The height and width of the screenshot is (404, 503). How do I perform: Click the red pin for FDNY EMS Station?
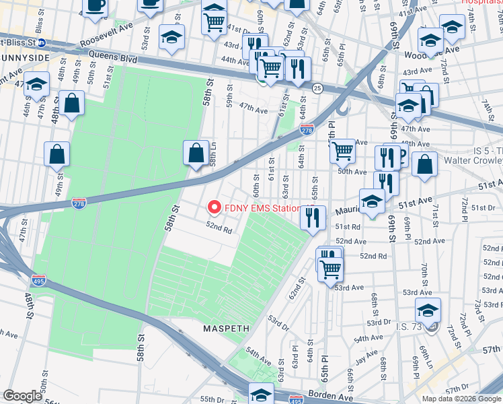point(215,207)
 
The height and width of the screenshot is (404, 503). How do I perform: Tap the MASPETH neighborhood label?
point(227,329)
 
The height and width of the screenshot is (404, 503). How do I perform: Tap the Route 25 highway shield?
point(316,88)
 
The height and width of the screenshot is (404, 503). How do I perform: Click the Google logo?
point(22,396)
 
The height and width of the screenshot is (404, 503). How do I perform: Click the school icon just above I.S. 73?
point(428,310)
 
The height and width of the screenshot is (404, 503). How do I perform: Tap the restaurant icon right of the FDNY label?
point(313,218)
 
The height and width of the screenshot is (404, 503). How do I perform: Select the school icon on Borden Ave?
point(262,394)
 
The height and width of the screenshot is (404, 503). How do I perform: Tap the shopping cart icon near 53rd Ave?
point(330,269)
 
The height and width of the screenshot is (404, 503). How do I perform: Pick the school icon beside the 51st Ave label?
point(372,201)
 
